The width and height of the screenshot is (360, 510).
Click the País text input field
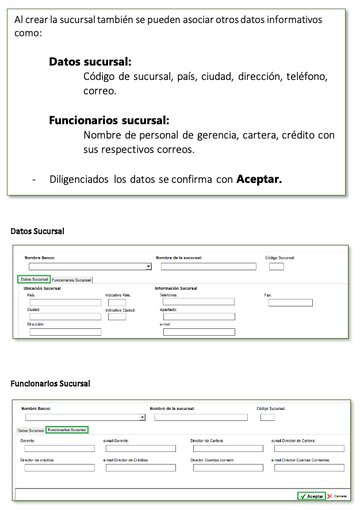coord(65,302)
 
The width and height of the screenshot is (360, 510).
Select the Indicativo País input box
coord(117,302)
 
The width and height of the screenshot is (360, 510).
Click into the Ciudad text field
coord(65,317)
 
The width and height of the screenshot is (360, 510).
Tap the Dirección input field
coord(65,332)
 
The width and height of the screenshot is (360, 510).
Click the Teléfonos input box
coord(198,302)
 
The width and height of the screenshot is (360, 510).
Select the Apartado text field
coord(199,317)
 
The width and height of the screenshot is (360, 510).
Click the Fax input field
coord(290,302)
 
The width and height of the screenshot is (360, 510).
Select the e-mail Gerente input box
coord(140,448)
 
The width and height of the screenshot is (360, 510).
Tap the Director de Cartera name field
coord(228,448)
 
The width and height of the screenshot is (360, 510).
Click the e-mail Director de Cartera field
coord(309,448)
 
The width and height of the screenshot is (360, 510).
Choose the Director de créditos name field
coord(59,468)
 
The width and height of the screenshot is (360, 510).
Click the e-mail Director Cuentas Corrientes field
coord(309,468)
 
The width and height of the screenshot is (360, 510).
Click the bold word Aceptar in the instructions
coord(259,179)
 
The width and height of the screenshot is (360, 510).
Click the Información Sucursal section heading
coord(176,288)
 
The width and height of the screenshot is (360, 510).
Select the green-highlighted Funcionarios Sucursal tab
coord(67,430)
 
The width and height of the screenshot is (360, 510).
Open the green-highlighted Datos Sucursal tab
coord(34,279)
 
